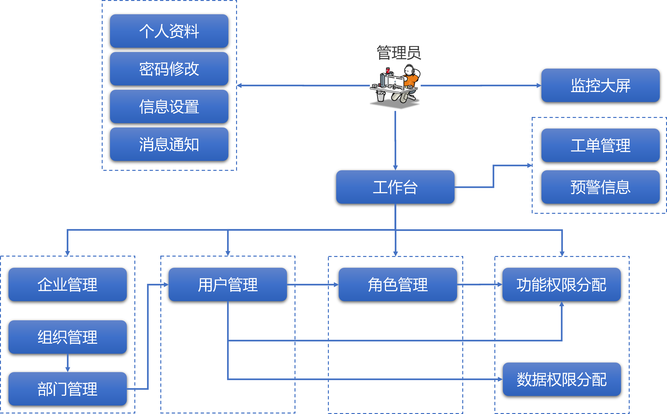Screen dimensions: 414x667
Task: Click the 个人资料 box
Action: point(169,31)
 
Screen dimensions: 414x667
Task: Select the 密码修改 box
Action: point(169,69)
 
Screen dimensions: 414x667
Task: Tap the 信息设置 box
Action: point(169,107)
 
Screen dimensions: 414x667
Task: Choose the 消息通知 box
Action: point(169,144)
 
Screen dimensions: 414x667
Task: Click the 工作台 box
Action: point(395,187)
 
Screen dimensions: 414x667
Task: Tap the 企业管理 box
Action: point(68,285)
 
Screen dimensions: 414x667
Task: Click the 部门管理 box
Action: point(68,389)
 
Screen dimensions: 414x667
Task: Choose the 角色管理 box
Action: point(398,285)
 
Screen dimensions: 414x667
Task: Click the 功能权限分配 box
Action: point(561,285)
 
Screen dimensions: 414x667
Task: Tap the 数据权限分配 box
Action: point(562,379)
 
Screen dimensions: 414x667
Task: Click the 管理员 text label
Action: point(399,53)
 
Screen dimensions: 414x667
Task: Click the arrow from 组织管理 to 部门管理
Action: point(68,363)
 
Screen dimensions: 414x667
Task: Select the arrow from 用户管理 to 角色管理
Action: point(313,285)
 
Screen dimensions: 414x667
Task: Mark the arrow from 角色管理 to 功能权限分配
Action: point(480,285)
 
